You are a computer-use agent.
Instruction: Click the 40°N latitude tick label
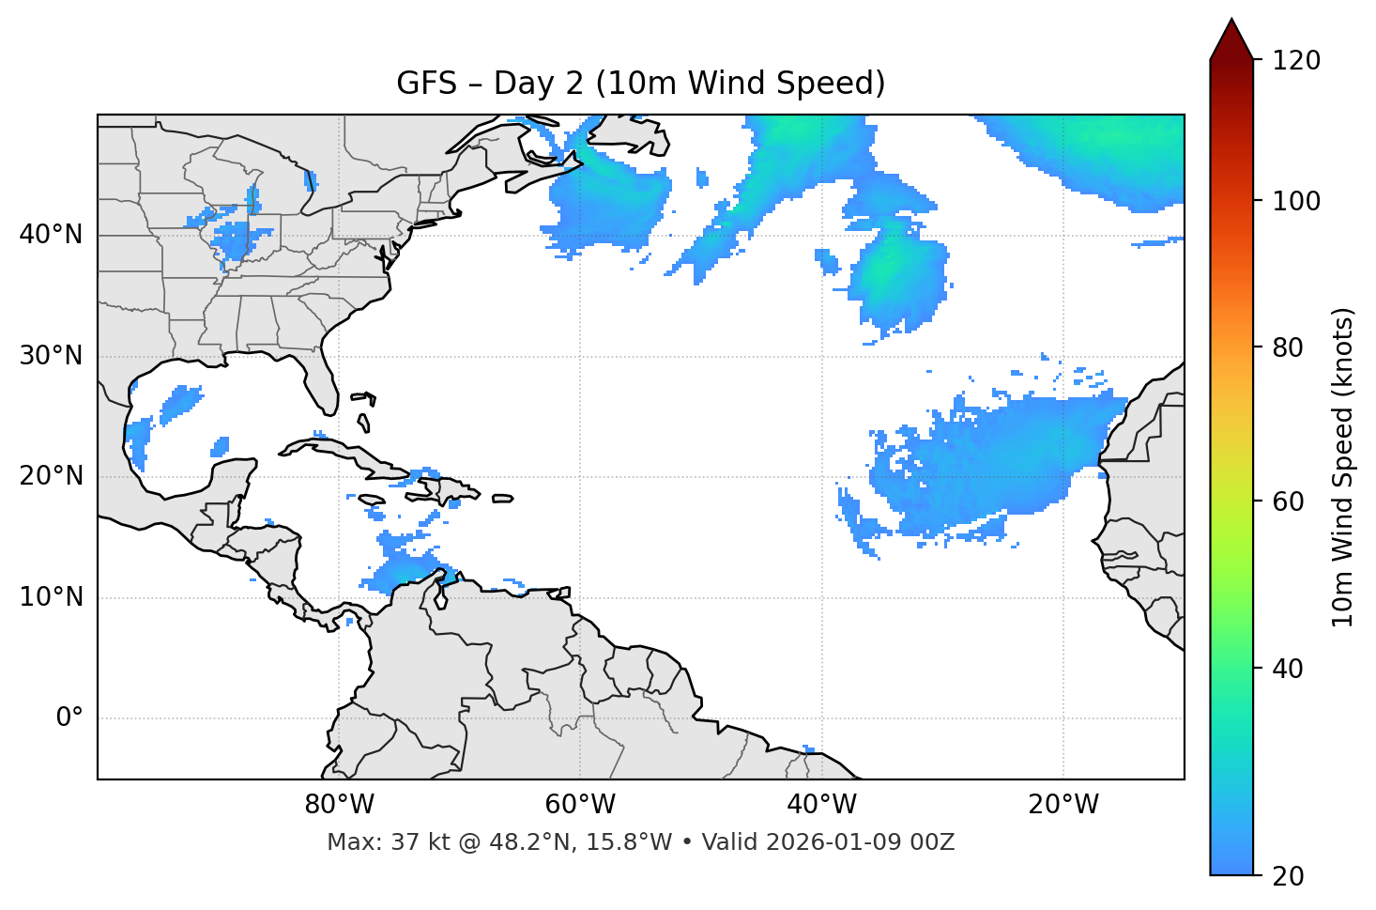point(51,235)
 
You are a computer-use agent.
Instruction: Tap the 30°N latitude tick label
point(51,356)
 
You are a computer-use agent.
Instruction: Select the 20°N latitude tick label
point(51,476)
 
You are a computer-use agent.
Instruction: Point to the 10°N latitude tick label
point(51,597)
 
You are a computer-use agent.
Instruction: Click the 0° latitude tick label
point(69,718)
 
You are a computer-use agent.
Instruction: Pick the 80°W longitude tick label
point(339,805)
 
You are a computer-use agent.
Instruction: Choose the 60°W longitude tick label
point(580,805)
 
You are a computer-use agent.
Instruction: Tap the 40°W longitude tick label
point(821,805)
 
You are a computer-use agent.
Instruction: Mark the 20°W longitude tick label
point(1063,805)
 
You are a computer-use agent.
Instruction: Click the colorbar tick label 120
point(1296,61)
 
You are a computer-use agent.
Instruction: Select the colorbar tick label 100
point(1296,201)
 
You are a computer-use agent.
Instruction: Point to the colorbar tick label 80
point(1290,348)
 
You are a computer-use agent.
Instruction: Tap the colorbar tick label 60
point(1290,501)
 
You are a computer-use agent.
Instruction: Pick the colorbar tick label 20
point(1290,876)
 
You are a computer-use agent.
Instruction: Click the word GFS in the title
point(426,84)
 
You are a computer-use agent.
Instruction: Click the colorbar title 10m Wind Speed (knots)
point(1343,467)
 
